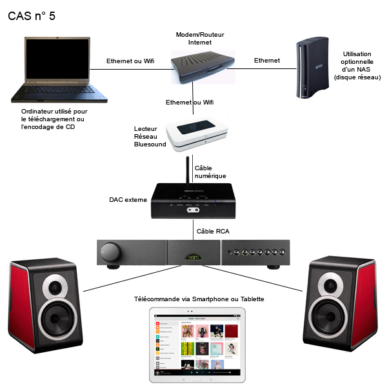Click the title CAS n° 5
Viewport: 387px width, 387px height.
(x=32, y=16)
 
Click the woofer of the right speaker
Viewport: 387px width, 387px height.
(x=331, y=319)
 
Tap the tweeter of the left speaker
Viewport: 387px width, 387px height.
(x=54, y=284)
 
